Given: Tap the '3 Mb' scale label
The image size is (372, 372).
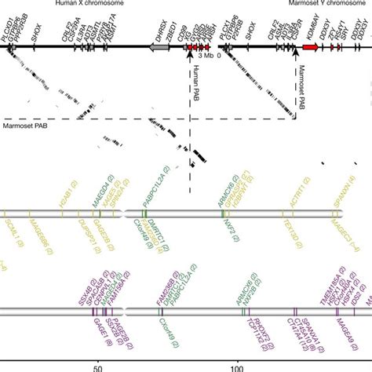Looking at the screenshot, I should point(205,57).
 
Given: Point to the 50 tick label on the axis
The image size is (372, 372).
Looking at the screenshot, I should point(97,365).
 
